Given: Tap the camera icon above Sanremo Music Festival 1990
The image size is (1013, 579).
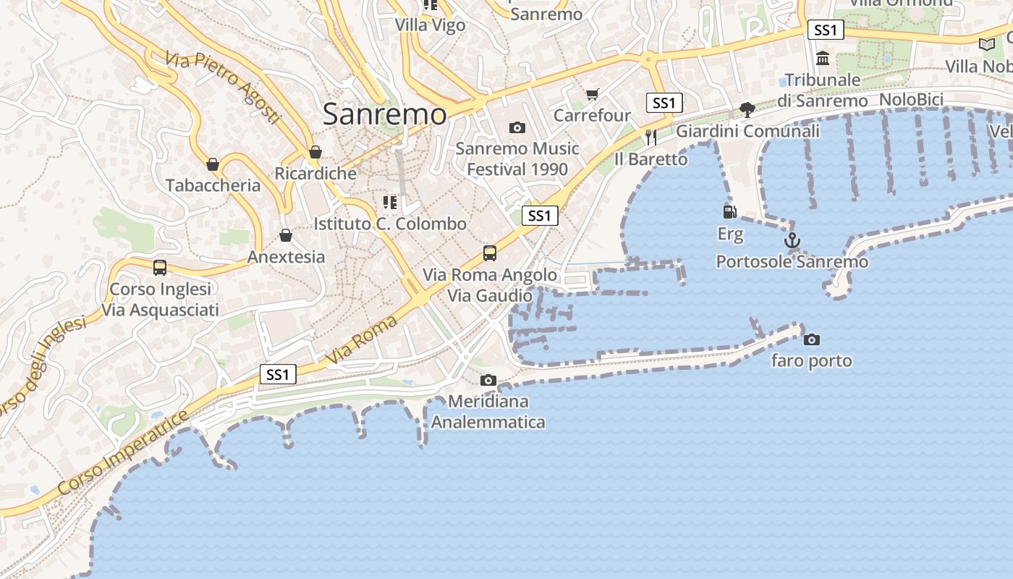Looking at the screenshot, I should point(517,127).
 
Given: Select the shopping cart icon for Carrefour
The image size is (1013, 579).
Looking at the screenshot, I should point(593,94).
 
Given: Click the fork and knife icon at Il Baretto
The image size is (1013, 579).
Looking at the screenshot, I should point(651,137).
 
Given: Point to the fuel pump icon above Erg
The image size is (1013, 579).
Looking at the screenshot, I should point(730,211).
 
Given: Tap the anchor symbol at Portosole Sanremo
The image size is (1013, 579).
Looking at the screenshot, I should point(792,240).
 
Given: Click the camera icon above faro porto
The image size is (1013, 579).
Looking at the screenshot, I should point(812,339).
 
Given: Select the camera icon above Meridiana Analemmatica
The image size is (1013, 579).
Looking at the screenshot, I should point(488,380).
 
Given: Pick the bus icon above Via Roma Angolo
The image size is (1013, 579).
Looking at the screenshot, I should point(490,253).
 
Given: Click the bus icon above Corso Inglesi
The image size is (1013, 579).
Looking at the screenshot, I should point(160,267).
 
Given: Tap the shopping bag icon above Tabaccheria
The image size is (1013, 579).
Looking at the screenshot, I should point(213,164).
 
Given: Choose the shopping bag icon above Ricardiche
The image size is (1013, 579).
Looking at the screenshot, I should point(315,152).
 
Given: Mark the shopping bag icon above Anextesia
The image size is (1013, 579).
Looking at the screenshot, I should point(286,235).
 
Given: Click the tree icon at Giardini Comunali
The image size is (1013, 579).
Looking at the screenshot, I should point(747,110).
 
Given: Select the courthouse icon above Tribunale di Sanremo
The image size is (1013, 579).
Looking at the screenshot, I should point(823,58).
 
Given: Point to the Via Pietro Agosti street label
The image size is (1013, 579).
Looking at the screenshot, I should point(222,87).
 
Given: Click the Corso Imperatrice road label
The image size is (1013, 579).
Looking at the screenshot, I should point(123,453).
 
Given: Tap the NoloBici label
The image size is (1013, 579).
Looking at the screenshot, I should point(911,99).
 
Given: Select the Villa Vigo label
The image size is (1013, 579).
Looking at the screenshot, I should point(430,25).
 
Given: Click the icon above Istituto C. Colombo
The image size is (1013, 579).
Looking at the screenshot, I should point(390,202).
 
